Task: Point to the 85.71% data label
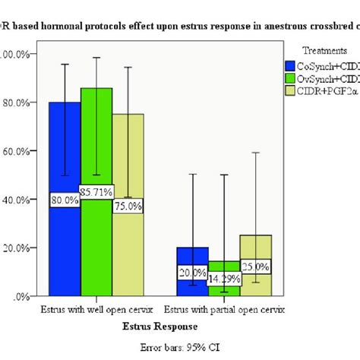click(96, 193)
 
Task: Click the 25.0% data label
click(255, 267)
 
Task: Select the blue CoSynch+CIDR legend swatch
click(289, 65)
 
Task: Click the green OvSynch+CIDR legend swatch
click(289, 78)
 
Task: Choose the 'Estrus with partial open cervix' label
click(224, 310)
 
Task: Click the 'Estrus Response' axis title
click(160, 326)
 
